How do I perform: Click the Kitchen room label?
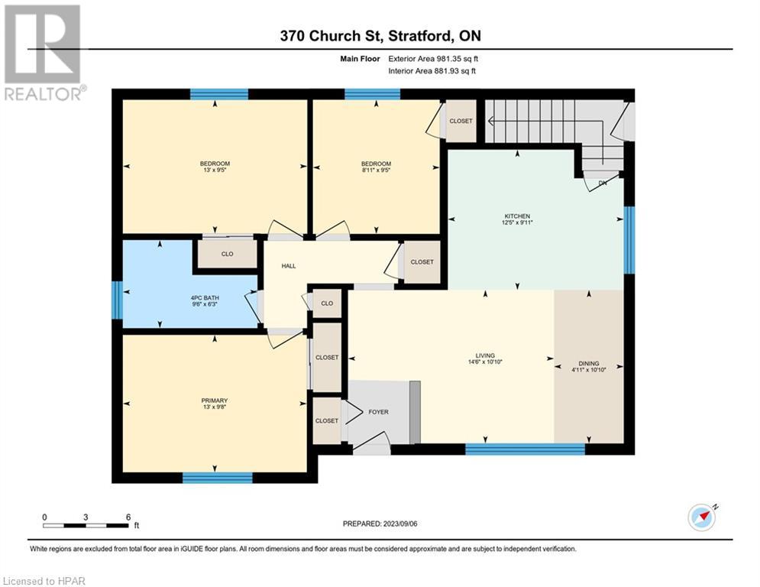(x=517, y=216)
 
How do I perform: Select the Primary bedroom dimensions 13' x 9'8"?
(x=215, y=407)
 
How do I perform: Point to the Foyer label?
(x=379, y=412)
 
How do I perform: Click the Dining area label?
(x=589, y=363)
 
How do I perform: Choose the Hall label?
(x=289, y=266)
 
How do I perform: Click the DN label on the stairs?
(x=603, y=183)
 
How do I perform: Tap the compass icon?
(x=702, y=517)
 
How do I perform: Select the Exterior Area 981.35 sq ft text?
(x=433, y=59)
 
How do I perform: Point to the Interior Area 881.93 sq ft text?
(x=432, y=71)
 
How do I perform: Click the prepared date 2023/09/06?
(x=400, y=524)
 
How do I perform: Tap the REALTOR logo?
(x=44, y=53)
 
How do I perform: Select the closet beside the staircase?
(x=461, y=121)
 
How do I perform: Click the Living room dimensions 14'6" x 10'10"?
(x=485, y=362)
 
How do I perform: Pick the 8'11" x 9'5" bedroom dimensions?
(x=376, y=170)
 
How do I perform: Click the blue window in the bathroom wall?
(x=117, y=301)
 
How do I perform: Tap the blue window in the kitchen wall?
(x=629, y=240)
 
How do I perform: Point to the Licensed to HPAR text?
(x=44, y=581)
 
